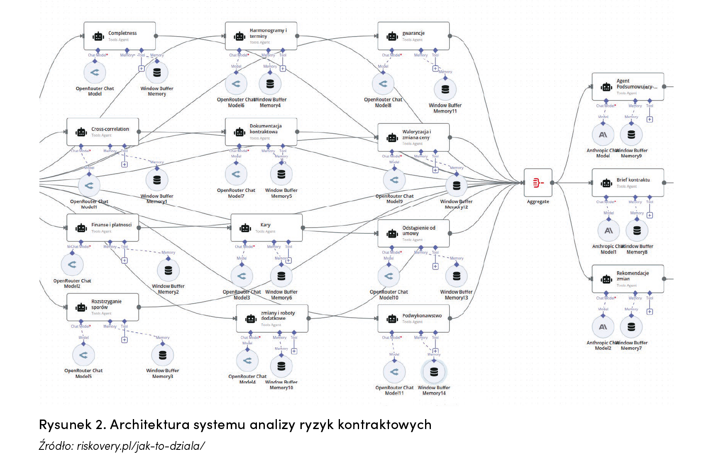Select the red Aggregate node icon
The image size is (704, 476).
pyautogui.click(x=538, y=183)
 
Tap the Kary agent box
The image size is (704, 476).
pyautogui.click(x=266, y=228)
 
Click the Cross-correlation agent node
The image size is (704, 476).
pyautogui.click(x=103, y=132)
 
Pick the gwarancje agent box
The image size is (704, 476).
pyautogui.click(x=413, y=36)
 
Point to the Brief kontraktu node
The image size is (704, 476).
pyautogui.click(x=628, y=183)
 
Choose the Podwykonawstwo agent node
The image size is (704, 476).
pyautogui.click(x=413, y=319)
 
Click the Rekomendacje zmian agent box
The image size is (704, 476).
pyautogui.click(x=628, y=279)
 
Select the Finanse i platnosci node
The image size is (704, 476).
pyautogui.click(x=103, y=228)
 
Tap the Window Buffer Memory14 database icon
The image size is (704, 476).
pyautogui.click(x=434, y=372)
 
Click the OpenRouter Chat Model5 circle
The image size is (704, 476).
pyautogui.click(x=83, y=355)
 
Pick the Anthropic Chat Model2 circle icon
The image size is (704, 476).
pyautogui.click(x=603, y=327)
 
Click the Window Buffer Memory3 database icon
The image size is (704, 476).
pyautogui.click(x=163, y=355)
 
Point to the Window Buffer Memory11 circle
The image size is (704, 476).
pyautogui.click(x=445, y=89)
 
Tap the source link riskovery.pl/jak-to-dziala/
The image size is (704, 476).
pyautogui.click(x=141, y=446)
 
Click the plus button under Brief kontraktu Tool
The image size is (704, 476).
pyautogui.click(x=650, y=215)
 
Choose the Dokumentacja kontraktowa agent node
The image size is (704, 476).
pyautogui.click(x=261, y=132)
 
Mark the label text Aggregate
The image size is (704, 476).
pyautogui.click(x=538, y=202)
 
